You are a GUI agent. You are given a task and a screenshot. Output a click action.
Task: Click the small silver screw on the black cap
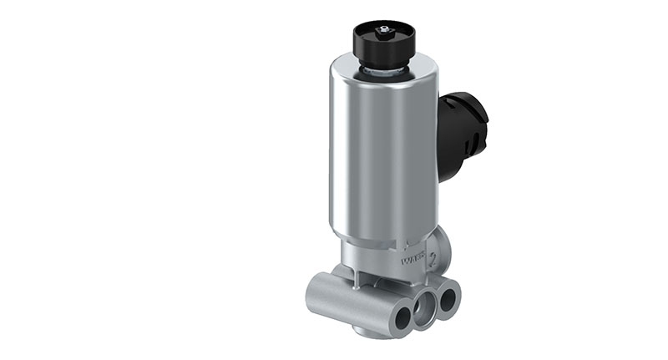384,30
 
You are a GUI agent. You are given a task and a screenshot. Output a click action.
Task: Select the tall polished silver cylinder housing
380,150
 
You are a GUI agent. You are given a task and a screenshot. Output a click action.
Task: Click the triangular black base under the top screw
383,35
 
